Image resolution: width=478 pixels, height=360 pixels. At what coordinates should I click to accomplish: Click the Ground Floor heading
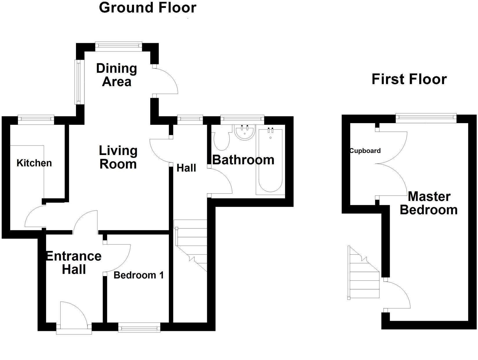point(148,8)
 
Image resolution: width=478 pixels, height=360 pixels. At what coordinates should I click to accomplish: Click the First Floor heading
point(409,79)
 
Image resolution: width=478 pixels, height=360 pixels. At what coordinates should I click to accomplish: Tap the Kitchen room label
point(34,163)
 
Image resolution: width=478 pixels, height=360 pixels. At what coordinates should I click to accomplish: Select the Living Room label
point(118,157)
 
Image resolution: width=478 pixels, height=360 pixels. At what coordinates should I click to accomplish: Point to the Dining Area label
point(117,75)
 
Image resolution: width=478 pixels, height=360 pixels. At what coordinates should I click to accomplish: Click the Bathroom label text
point(243,160)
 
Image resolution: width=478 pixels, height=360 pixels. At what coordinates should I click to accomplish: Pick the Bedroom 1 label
point(139,275)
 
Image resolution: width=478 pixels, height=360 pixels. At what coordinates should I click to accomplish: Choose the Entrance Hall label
point(74,262)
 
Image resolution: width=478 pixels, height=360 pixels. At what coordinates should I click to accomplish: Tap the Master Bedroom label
point(429,203)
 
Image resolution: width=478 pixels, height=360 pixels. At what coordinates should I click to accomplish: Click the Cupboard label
point(365,151)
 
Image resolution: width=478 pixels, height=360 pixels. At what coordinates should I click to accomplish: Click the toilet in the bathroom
point(222,138)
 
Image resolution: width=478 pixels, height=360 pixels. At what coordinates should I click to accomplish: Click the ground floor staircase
point(190,246)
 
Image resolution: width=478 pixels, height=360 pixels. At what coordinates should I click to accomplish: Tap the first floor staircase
point(363,273)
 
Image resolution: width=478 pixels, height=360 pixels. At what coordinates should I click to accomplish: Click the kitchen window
point(36,119)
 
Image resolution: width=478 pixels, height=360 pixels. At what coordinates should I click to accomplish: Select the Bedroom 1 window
point(139,327)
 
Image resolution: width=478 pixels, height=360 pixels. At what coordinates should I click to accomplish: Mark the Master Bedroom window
point(426,118)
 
